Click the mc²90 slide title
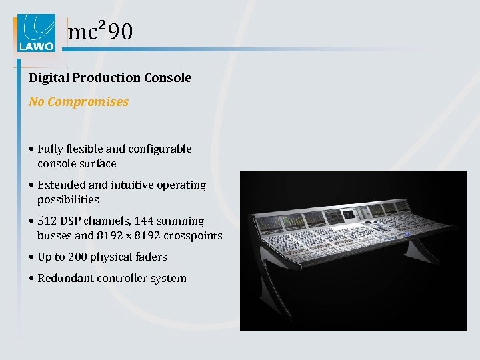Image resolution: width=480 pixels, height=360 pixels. pos(101,31)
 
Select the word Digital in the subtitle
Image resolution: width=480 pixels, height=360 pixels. pos(49,78)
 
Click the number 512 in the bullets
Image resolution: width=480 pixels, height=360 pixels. pos(48,221)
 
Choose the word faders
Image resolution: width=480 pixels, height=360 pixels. pos(151,257)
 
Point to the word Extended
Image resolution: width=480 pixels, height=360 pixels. pos(62,185)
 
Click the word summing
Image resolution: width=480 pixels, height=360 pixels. pos(180,221)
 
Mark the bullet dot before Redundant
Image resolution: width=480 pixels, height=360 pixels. pos(31,279)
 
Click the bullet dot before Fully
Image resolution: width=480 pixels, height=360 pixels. pos(31,149)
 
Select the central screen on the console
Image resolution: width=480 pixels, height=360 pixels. pos(349,215)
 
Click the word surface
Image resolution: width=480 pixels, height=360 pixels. pos(97,163)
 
